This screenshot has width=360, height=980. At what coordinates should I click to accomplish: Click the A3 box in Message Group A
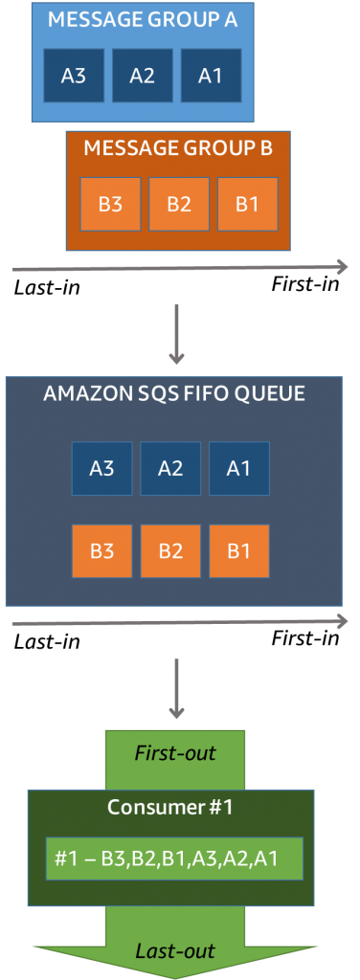tap(74, 76)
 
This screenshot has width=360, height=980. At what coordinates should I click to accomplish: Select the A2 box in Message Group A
tap(142, 76)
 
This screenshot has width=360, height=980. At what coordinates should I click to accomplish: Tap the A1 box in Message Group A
tap(210, 76)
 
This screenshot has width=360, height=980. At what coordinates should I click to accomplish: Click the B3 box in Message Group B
tap(110, 204)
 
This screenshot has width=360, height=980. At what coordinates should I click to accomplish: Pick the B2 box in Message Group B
tap(179, 204)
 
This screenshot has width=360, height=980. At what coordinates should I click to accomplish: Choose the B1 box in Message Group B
tap(247, 204)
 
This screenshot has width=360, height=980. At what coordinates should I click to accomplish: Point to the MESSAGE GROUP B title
tap(178, 148)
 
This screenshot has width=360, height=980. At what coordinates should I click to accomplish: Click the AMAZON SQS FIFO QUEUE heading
tap(174, 394)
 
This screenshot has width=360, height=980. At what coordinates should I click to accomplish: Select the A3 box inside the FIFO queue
tap(102, 468)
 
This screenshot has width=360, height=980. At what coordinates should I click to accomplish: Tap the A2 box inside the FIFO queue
tap(170, 468)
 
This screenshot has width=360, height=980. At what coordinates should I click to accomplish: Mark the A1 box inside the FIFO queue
tap(238, 468)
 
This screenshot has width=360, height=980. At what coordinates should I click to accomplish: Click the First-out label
tap(175, 753)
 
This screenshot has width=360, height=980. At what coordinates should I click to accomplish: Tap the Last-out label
tap(175, 950)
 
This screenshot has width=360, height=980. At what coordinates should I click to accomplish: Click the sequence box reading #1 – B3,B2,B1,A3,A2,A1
tap(174, 858)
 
